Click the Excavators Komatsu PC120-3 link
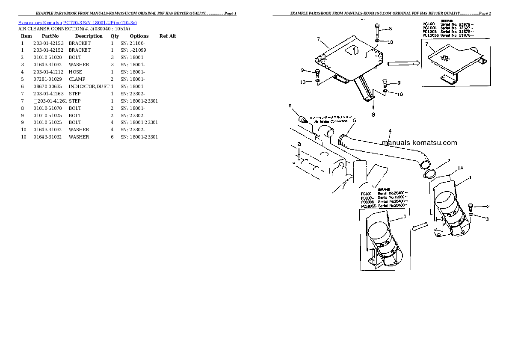point(77,22)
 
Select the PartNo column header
point(50,36)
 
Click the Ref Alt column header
point(168,36)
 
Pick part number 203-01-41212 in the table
point(48,72)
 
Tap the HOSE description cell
point(75,72)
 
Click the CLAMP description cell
point(77,79)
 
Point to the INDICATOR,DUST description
point(89,86)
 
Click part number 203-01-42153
point(48,43)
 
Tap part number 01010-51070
point(47,108)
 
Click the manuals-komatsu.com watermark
point(419,143)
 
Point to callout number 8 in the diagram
point(390,29)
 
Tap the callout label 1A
point(461,169)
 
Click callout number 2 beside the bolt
point(487,207)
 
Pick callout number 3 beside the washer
point(487,219)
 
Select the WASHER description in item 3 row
point(79,65)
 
